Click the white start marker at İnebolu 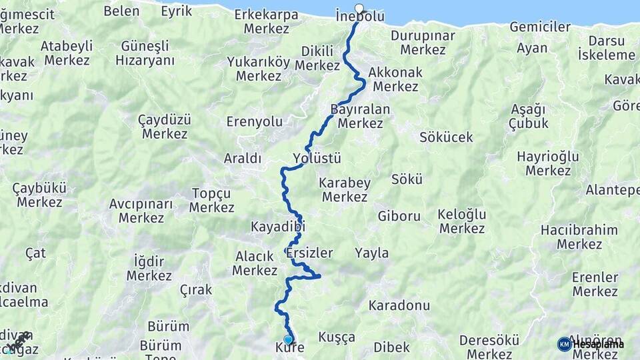tap(359, 9)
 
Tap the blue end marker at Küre tap(288, 339)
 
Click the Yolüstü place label tap(317, 159)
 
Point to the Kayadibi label tap(277, 227)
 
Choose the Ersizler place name tap(309, 253)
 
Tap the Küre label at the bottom tap(289, 348)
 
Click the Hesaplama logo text tap(599, 344)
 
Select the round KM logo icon tap(564, 344)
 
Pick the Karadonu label tap(399, 306)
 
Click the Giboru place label tap(399, 216)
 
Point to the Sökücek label tap(446, 137)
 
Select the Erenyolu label tap(255, 122)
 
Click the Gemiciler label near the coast tap(540, 27)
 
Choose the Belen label tap(121, 11)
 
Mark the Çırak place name tap(196, 289)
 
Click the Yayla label tap(371, 253)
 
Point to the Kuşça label tap(337, 337)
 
